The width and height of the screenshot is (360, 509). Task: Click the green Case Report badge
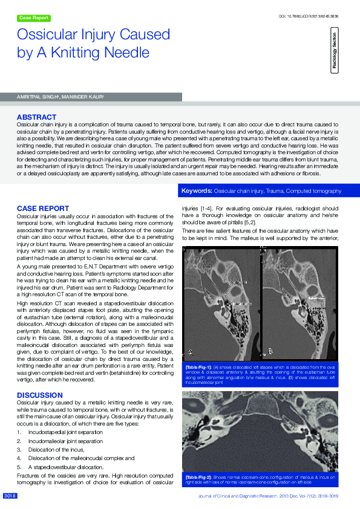tap(34, 18)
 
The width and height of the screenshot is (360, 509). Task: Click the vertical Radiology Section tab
tap(335, 53)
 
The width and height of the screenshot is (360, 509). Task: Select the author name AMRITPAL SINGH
tap(37, 97)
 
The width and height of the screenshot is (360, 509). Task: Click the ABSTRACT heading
tap(36, 117)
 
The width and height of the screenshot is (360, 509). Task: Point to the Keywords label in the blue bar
tap(197, 191)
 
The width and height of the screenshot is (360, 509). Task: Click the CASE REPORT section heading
tap(42, 209)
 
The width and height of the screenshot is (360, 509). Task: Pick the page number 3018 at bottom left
tap(10, 496)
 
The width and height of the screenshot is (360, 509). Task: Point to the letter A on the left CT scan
tap(192, 352)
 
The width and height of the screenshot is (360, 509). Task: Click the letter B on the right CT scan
tap(270, 351)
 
